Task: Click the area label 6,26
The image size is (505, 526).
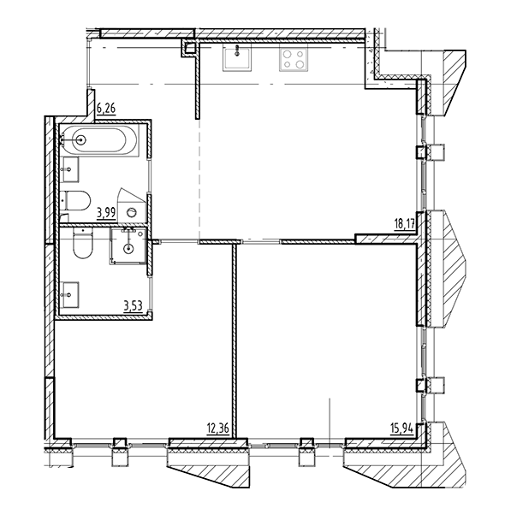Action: (106, 109)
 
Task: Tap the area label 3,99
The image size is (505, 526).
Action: (106, 213)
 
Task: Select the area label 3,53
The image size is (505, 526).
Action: (133, 306)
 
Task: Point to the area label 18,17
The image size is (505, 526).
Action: (405, 223)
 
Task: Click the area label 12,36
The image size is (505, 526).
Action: (218, 428)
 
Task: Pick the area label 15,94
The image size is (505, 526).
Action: (401, 428)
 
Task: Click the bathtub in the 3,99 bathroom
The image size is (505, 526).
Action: (99, 140)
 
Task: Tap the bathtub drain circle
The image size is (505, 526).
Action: (81, 139)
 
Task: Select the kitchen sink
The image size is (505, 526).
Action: (237, 59)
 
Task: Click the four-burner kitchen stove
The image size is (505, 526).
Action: (294, 59)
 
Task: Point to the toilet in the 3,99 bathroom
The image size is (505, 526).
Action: (76, 201)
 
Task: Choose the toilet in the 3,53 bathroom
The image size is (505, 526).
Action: (82, 245)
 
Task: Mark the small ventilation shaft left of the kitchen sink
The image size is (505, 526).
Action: (190, 48)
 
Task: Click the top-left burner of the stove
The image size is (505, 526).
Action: (287, 54)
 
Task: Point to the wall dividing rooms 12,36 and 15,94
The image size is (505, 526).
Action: (235, 340)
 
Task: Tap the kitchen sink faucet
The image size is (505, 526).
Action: (238, 50)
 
